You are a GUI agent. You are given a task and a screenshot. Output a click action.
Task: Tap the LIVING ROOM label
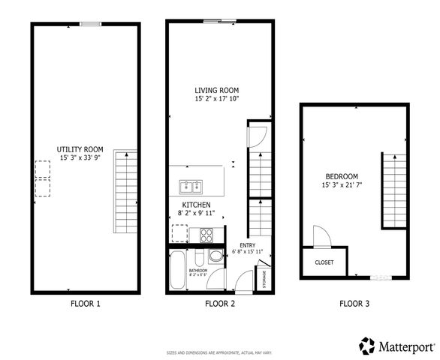pyautogui.click(x=216, y=90)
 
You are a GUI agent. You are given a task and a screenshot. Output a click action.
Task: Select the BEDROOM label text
pyautogui.click(x=339, y=175)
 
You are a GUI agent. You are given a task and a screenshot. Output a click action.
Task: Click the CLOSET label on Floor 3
pyautogui.click(x=324, y=262)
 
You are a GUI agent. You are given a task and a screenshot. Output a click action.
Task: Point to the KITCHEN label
pyautogui.click(x=195, y=205)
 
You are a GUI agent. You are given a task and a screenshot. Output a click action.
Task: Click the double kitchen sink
pyautogui.click(x=189, y=186)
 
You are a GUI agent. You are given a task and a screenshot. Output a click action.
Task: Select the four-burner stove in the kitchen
pyautogui.click(x=206, y=234)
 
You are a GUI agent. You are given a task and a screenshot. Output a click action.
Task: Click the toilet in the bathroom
pyautogui.click(x=215, y=256)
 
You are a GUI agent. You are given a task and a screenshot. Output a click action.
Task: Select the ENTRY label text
pyautogui.click(x=248, y=245)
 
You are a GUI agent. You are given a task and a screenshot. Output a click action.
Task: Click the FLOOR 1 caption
pyautogui.click(x=84, y=304)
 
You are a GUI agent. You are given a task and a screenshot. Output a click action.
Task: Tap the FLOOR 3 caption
pyautogui.click(x=354, y=304)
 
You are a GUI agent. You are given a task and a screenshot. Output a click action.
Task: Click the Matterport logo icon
pyautogui.click(x=366, y=346)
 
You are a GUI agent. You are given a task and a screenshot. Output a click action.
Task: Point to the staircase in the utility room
pyautogui.click(x=125, y=190)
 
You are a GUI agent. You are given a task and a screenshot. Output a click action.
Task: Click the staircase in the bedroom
pyautogui.click(x=394, y=190)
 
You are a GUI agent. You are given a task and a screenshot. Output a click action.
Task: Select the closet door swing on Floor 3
pyautogui.click(x=319, y=236)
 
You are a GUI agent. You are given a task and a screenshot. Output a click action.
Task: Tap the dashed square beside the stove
pyautogui.click(x=184, y=234)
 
